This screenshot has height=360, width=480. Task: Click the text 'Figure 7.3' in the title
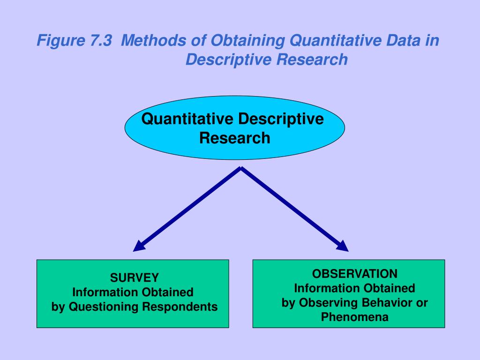(75, 41)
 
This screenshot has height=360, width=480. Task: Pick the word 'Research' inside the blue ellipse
(234, 138)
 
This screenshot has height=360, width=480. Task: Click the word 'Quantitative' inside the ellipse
(188, 119)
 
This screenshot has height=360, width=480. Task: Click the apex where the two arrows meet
(241, 169)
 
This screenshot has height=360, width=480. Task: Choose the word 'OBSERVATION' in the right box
(355, 273)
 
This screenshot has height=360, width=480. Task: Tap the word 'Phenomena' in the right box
(355, 317)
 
